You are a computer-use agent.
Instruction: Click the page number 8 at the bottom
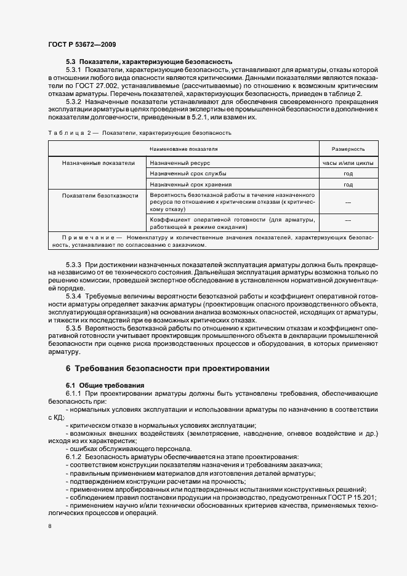(x=50, y=526)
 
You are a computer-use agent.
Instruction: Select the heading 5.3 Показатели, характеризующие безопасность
(x=148, y=62)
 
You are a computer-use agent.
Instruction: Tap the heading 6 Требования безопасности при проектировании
(x=167, y=369)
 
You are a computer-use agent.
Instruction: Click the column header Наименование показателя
(x=183, y=149)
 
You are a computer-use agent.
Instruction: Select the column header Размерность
(x=348, y=149)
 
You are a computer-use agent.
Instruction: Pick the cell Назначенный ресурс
(x=180, y=163)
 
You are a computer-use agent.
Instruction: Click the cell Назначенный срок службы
(x=188, y=174)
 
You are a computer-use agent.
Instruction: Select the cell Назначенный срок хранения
(x=191, y=184)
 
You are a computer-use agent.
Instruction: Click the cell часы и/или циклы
(x=348, y=163)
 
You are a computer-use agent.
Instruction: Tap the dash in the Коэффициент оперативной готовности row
(x=348, y=220)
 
